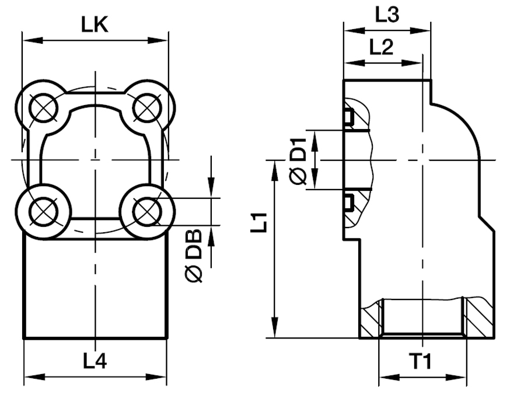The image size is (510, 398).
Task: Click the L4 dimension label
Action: [95, 361]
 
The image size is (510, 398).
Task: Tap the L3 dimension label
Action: [386, 14]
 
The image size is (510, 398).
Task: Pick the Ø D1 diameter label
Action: [298, 160]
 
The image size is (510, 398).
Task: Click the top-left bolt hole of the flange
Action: [44, 108]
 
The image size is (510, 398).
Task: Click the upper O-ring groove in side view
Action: [348, 117]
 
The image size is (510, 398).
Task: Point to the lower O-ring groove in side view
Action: [348, 202]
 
